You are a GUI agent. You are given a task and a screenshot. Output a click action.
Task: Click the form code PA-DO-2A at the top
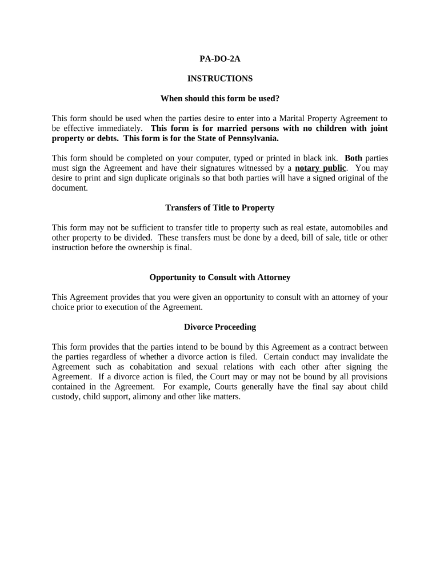[x=219, y=58]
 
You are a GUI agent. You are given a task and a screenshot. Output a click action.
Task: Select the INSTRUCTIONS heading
[x=219, y=78]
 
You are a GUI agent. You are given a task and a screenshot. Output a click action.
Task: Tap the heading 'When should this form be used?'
[x=219, y=98]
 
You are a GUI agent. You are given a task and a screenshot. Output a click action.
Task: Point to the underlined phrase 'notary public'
[x=320, y=168]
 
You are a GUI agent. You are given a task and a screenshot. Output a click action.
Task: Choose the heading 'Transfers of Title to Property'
[x=219, y=207]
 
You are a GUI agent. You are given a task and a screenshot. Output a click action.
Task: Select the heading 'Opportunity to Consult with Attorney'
[x=219, y=277]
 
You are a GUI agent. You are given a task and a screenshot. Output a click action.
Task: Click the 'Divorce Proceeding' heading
[x=219, y=327]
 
